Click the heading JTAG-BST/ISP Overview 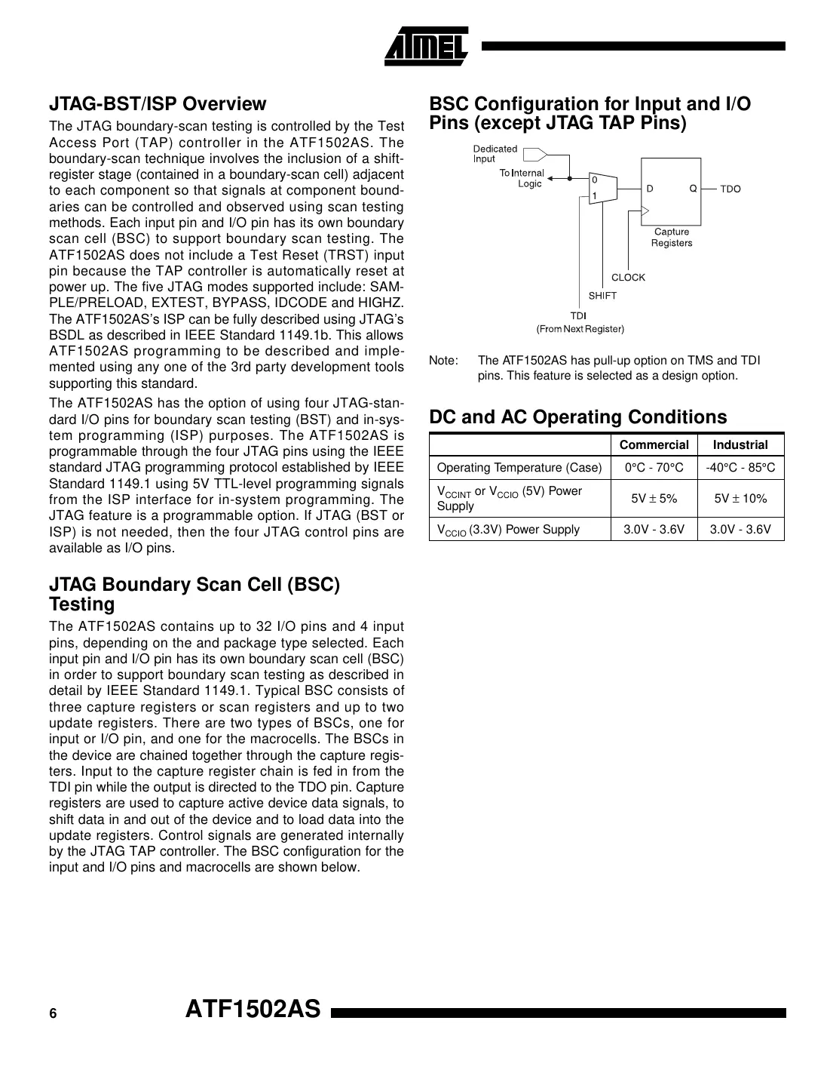[x=158, y=104]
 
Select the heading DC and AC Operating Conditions [x=577, y=417]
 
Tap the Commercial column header [x=654, y=445]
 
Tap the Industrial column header [x=740, y=445]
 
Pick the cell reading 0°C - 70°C [x=654, y=468]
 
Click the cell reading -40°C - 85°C [x=740, y=468]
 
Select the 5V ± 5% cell [x=654, y=498]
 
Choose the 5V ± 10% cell [x=740, y=498]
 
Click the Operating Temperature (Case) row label [x=519, y=468]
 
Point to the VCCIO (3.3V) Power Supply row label [x=508, y=530]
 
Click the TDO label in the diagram [x=730, y=189]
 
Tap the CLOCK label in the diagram [x=628, y=278]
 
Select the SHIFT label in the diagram [x=602, y=296]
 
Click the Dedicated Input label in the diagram [x=495, y=154]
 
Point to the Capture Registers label [x=671, y=238]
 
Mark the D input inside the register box [x=649, y=189]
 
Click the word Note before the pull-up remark [x=443, y=361]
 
